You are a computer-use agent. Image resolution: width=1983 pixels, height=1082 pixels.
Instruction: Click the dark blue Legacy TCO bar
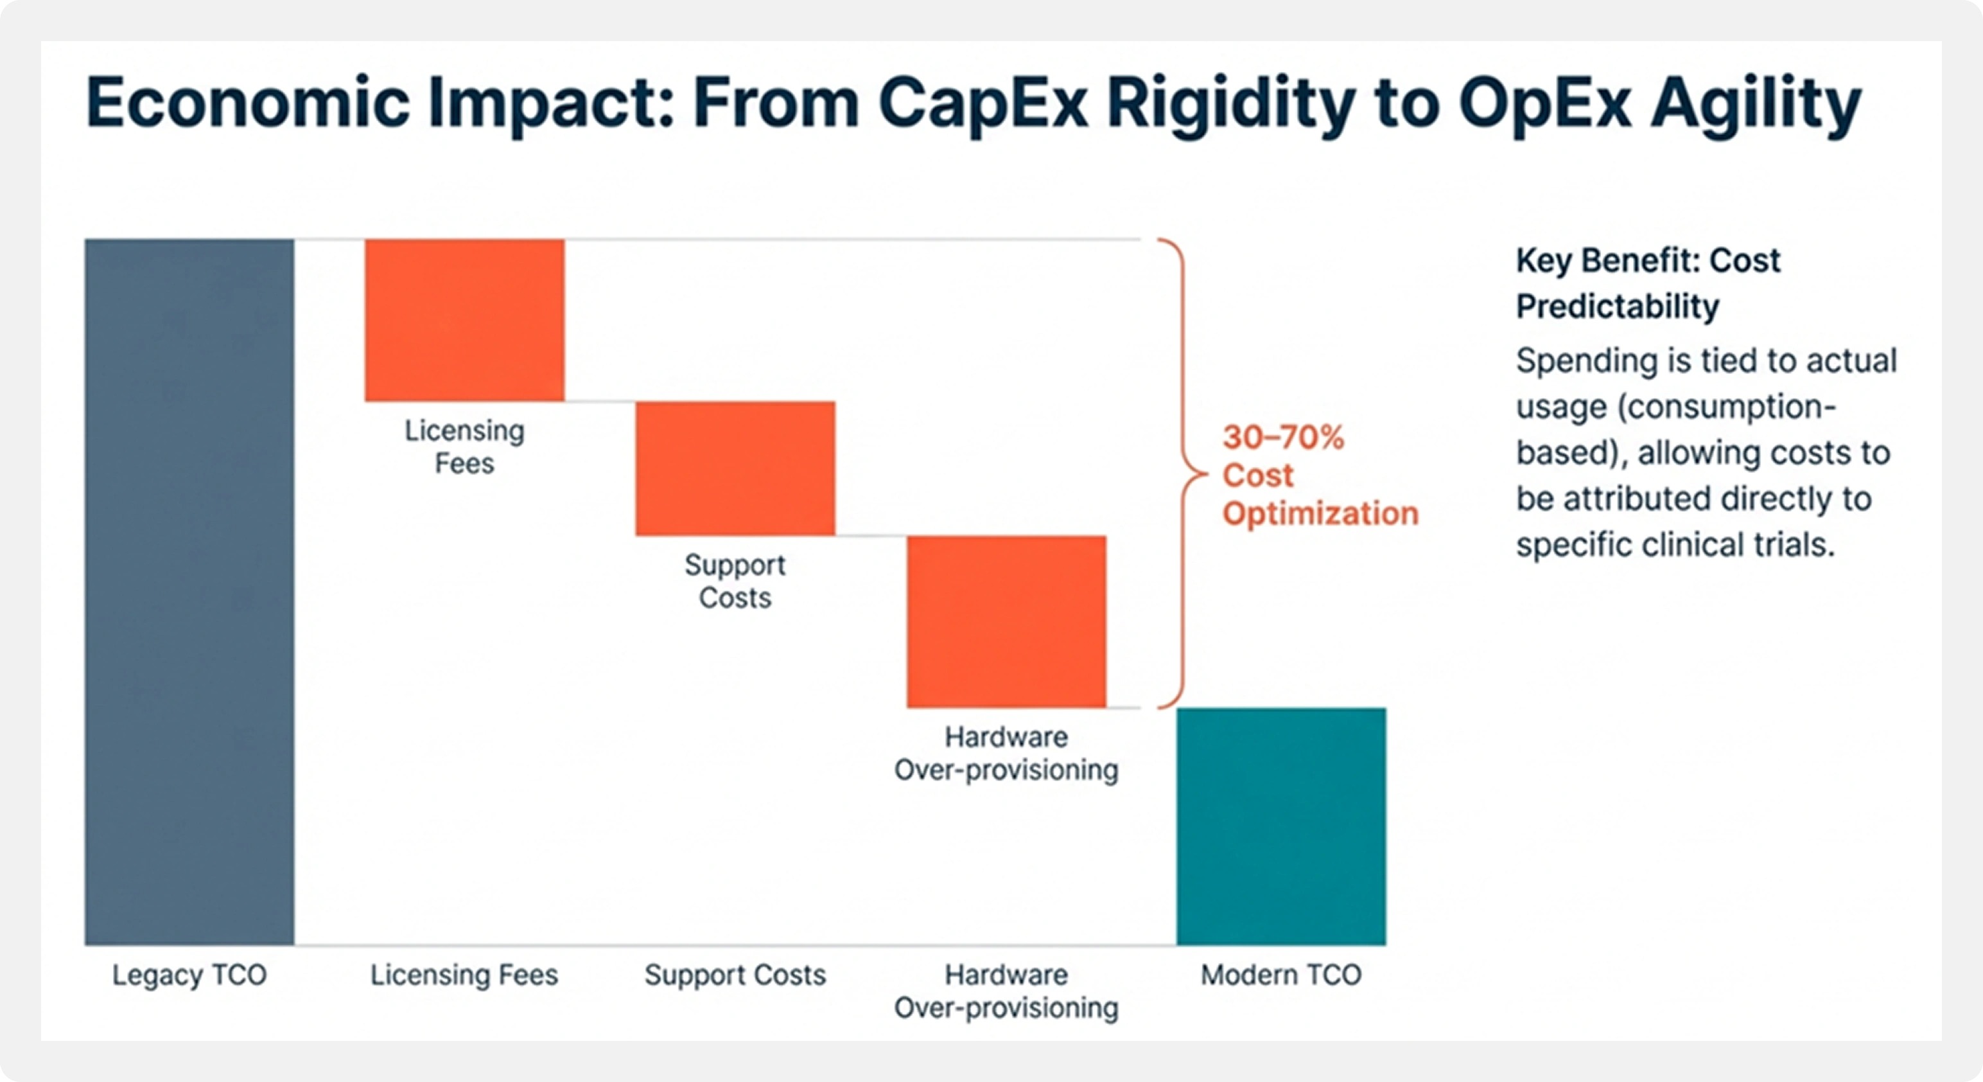[189, 592]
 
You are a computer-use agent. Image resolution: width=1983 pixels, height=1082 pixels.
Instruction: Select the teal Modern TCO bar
[1281, 826]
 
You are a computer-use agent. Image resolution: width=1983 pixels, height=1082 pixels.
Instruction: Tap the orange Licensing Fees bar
[464, 319]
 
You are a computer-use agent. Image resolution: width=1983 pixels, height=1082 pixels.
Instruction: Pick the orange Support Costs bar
[735, 468]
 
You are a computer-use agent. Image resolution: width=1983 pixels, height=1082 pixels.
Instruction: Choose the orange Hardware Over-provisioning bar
[1006, 621]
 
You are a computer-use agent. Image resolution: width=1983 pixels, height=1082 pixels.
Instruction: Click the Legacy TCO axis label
[189, 975]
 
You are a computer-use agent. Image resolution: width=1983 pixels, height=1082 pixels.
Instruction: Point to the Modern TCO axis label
[1281, 975]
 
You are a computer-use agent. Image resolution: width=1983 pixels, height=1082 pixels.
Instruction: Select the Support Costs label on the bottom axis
[735, 975]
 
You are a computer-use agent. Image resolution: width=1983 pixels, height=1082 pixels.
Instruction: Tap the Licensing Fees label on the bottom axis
[464, 975]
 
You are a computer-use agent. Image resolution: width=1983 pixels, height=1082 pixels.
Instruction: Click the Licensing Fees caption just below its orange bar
[464, 447]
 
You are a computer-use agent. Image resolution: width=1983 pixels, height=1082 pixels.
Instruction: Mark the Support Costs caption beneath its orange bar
[735, 581]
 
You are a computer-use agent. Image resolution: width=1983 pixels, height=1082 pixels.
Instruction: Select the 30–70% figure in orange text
[1283, 438]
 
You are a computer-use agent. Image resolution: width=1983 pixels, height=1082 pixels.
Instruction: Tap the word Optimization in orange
[1320, 513]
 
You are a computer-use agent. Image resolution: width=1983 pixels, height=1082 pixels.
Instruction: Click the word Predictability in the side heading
[1618, 306]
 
